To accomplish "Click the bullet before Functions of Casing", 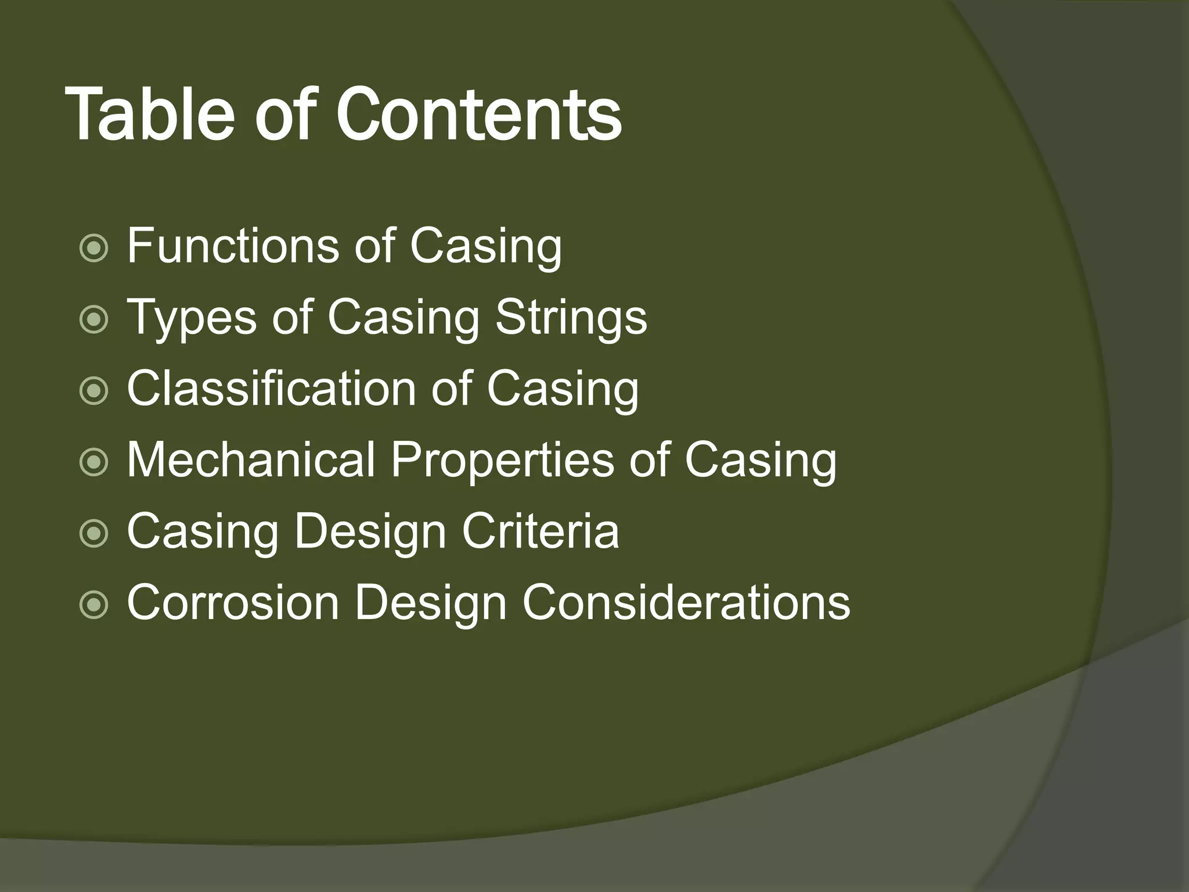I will click(93, 249).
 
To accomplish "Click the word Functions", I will click(232, 246).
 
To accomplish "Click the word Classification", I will click(271, 389).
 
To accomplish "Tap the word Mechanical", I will click(250, 461).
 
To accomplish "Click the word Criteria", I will click(541, 531).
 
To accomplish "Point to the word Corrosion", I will click(233, 603).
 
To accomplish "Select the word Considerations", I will click(686, 603).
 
